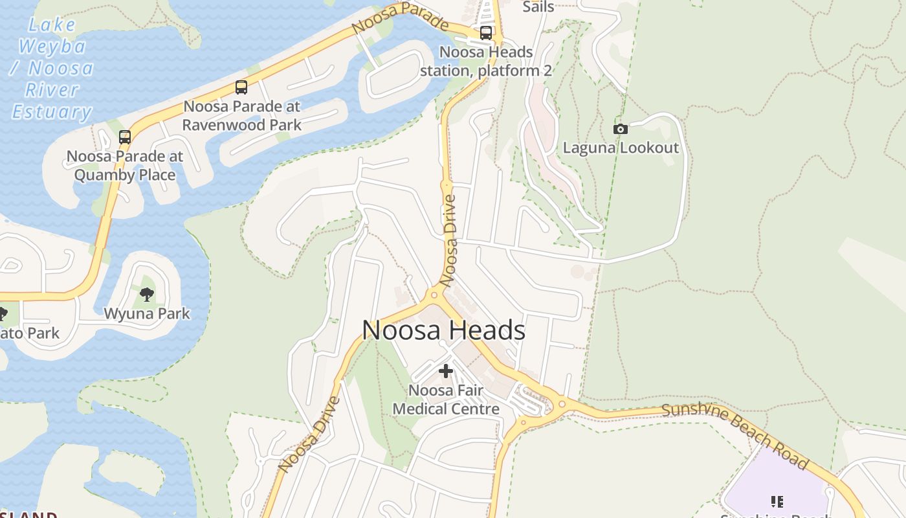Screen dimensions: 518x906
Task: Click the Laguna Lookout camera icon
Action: (x=620, y=129)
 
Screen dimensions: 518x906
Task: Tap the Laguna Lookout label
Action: (x=621, y=148)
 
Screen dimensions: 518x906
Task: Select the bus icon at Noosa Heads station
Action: (x=486, y=33)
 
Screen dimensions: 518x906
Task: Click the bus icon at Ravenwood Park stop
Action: (x=241, y=87)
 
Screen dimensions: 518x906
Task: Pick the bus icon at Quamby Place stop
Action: (x=125, y=137)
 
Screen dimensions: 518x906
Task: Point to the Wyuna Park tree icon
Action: (x=147, y=295)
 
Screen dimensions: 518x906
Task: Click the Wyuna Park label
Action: (x=147, y=314)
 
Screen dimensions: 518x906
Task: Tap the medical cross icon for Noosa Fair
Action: (x=445, y=371)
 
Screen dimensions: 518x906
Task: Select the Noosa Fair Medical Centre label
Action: (x=446, y=400)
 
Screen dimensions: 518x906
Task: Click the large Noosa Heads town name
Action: (x=443, y=330)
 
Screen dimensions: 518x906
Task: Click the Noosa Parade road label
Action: (x=400, y=17)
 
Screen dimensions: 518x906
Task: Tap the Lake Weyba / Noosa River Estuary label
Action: (x=52, y=69)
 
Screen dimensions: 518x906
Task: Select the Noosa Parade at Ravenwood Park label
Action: (x=241, y=115)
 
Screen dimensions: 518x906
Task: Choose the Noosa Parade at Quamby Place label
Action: (x=125, y=166)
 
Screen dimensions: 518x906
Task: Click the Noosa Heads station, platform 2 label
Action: (x=486, y=61)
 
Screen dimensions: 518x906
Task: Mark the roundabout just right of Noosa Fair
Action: (x=562, y=404)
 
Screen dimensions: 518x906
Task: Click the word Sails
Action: (x=538, y=6)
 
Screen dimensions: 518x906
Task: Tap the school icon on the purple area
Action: (x=777, y=501)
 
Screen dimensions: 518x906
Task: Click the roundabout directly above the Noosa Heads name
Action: (x=434, y=296)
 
